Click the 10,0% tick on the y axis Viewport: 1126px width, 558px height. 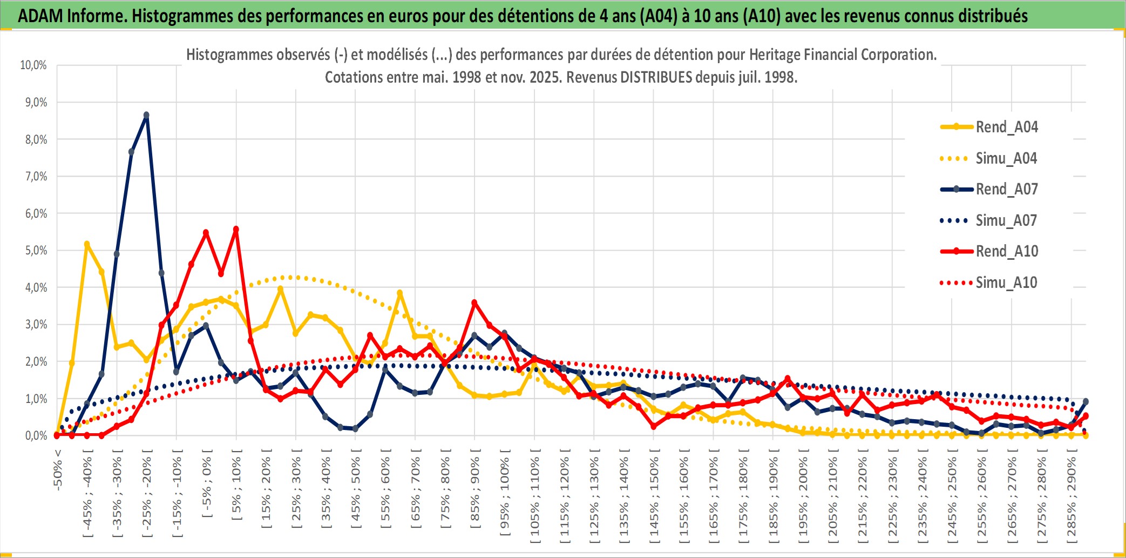pos(33,65)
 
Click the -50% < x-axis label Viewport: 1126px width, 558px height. pos(58,470)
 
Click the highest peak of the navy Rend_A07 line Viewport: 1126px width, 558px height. pos(146,115)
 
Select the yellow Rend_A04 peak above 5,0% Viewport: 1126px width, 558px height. pos(87,244)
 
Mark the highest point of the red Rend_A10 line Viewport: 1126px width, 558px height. pos(236,229)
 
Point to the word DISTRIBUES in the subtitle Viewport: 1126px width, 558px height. pos(656,77)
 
